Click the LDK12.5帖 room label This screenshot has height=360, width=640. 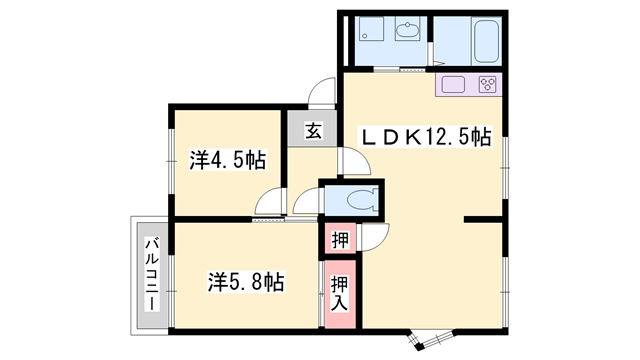[x=424, y=137]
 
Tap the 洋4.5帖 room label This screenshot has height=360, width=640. [x=227, y=160]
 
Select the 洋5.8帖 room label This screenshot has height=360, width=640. [x=246, y=282]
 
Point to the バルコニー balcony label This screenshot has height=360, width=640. [x=153, y=275]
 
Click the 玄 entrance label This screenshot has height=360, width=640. [x=313, y=131]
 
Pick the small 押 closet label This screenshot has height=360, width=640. [x=340, y=240]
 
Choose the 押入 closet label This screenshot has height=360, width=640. [x=340, y=293]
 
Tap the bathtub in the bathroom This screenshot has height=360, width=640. [x=486, y=40]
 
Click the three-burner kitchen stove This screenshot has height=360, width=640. [x=487, y=84]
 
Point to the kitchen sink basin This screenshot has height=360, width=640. [x=453, y=84]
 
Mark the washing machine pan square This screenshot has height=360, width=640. [x=371, y=28]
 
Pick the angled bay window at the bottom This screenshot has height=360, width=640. [x=432, y=339]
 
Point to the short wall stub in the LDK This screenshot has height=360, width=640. [x=483, y=220]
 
